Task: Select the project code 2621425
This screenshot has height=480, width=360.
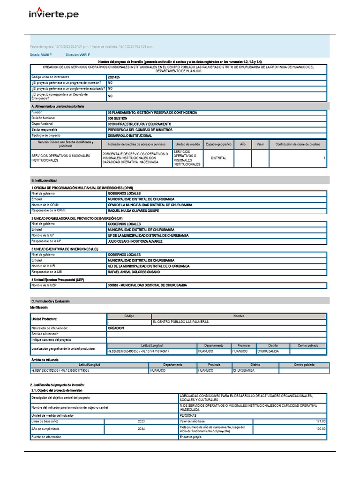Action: click(113, 77)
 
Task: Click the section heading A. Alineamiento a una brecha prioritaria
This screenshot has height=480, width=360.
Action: click(57, 107)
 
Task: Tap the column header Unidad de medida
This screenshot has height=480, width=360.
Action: click(187, 144)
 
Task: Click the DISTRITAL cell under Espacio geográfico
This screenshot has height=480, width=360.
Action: click(218, 158)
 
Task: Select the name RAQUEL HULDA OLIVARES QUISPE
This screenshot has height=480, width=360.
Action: click(133, 211)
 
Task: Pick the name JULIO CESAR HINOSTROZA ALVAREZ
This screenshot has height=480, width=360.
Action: click(135, 241)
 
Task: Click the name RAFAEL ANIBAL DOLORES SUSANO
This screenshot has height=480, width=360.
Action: click(134, 272)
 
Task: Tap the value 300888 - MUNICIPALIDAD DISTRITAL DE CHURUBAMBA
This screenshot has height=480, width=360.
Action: click(147, 285)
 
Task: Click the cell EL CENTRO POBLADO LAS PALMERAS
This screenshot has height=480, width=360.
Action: click(180, 322)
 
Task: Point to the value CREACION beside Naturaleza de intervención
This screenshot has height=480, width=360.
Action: click(116, 328)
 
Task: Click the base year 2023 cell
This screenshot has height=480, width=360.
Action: click(141, 421)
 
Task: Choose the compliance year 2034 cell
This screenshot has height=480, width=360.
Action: click(141, 429)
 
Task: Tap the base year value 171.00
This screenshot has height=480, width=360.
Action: click(321, 421)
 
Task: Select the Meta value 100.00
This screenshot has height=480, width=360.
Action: click(321, 429)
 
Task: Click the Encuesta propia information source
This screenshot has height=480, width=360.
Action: click(190, 437)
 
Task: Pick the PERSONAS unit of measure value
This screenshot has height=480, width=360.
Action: click(188, 415)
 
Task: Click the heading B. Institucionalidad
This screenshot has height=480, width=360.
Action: click(44, 180)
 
